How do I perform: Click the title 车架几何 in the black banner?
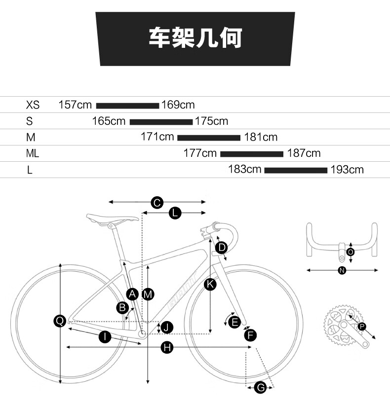tap(195, 37)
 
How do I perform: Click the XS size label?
tap(33, 105)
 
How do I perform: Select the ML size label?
tap(33, 153)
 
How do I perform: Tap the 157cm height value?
tap(75, 105)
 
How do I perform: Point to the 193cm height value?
tap(347, 170)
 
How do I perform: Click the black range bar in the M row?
tap(209, 138)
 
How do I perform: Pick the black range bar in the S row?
tap(161, 122)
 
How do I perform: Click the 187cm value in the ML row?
tap(304, 153)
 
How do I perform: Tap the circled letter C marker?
tap(157, 203)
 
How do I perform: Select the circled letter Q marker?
tap(60, 321)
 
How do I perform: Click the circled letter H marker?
tap(167, 348)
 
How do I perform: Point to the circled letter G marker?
tap(260, 388)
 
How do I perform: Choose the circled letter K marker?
tap(210, 284)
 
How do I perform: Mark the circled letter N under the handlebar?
tap(342, 270)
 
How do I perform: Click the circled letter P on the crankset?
tap(362, 326)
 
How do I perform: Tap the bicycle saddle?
tap(113, 218)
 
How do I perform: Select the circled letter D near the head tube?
tap(222, 248)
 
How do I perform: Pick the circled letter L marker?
tap(175, 213)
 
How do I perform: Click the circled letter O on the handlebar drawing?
tap(351, 252)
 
